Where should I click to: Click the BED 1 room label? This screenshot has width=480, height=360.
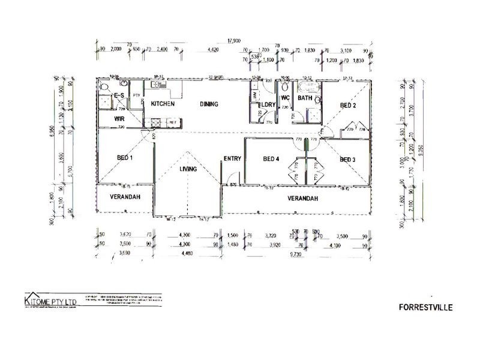tap(124, 157)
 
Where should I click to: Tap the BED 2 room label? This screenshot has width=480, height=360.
tap(349, 106)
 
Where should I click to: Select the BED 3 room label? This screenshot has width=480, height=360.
tap(348, 160)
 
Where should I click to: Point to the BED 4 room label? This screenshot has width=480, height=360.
tap(272, 159)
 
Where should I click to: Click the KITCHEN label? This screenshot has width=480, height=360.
tap(163, 104)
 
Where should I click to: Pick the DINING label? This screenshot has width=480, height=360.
tap(209, 104)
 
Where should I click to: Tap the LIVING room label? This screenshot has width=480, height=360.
tap(188, 170)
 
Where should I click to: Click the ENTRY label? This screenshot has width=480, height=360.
tap(232, 159)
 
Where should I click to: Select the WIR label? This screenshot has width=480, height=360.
tap(119, 119)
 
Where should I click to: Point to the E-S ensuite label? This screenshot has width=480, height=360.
tap(119, 96)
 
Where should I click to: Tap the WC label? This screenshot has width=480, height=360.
tap(285, 98)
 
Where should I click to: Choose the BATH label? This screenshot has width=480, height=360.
tap(305, 98)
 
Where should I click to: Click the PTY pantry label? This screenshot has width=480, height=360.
tap(137, 95)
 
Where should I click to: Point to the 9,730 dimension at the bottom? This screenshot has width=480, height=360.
tap(296, 254)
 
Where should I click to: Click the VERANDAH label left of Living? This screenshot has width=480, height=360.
tap(125, 197)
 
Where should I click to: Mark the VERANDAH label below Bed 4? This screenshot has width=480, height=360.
tap(302, 198)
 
